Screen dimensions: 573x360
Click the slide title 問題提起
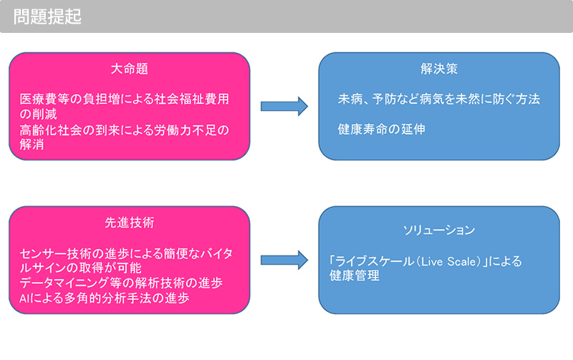point(47,16)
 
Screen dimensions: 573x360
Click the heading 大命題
point(130,69)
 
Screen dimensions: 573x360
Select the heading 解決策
point(439,69)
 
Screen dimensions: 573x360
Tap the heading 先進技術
point(130,223)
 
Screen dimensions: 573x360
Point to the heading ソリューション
point(439,230)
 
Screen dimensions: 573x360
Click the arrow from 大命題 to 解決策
point(284,106)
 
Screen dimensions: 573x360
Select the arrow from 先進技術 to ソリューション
point(284,260)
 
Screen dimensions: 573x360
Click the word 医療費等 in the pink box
point(44,99)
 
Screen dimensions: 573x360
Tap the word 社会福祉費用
point(192,99)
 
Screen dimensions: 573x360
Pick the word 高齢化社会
point(51,130)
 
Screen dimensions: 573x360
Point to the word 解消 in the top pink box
point(32,145)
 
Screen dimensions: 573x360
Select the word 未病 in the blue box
point(350,99)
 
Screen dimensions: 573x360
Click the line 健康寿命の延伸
point(382,129)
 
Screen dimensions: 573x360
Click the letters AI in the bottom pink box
point(24,298)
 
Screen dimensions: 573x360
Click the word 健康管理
point(354,276)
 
